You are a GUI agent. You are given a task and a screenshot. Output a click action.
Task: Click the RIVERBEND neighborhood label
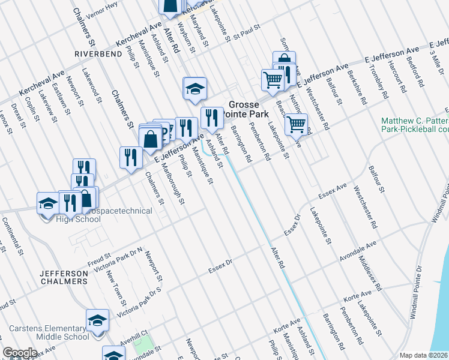[x=93, y=54]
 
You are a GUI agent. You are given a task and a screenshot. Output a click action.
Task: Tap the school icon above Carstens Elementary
[x=97, y=320]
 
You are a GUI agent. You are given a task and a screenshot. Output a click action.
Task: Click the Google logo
[x=20, y=353]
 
